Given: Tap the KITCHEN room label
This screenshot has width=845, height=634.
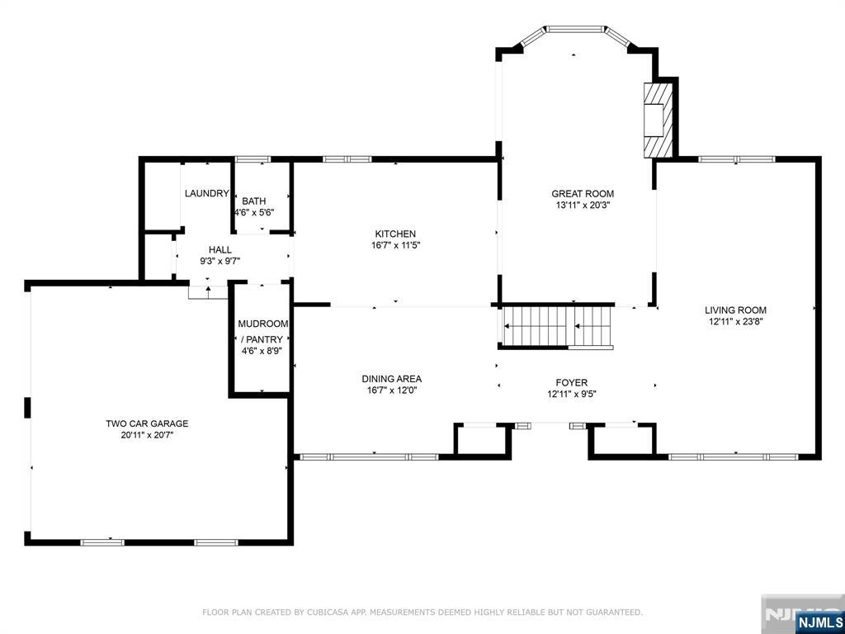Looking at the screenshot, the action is (x=395, y=234).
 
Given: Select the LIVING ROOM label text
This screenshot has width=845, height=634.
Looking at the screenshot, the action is (x=735, y=310).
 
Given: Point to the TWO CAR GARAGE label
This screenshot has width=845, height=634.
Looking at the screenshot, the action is (x=147, y=423).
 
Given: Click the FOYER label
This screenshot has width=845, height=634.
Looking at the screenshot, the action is (x=572, y=383).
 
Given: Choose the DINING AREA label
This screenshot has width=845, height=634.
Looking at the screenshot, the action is (x=392, y=379).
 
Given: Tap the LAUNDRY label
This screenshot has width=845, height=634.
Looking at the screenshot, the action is (x=207, y=193).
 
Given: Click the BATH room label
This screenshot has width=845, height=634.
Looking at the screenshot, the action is (x=254, y=201).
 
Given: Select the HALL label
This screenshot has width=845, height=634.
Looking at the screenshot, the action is (x=220, y=249).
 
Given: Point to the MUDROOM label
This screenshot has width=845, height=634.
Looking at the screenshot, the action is (x=263, y=324).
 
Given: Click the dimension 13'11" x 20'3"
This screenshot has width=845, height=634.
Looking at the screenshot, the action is (x=583, y=205).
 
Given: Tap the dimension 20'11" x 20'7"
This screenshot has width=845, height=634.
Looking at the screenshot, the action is (x=147, y=435).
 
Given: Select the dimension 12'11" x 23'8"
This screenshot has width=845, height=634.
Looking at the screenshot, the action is (x=735, y=321).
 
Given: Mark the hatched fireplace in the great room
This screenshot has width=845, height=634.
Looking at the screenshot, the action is (x=659, y=119).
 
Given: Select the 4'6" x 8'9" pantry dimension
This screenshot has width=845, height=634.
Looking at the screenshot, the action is (x=262, y=350).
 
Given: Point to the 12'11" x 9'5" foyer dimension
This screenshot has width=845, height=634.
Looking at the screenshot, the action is (x=572, y=394).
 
